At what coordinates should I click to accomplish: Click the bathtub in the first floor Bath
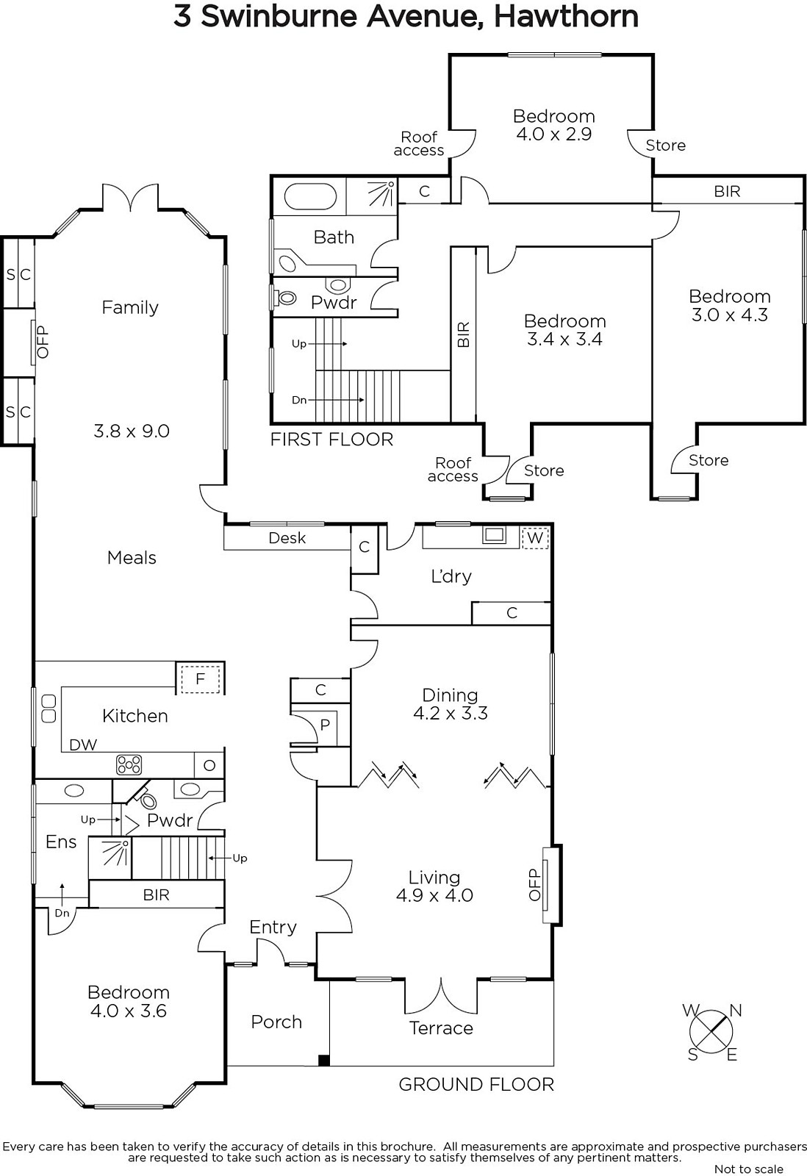[309, 197]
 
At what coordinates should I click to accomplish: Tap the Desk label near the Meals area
[287, 537]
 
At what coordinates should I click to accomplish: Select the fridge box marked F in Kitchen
[200, 679]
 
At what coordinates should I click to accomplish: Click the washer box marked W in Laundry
[534, 537]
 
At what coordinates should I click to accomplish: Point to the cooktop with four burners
[129, 764]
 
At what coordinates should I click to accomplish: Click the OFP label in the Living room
[534, 885]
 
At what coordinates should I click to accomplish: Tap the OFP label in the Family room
[43, 342]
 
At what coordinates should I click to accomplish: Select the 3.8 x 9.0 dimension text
[132, 431]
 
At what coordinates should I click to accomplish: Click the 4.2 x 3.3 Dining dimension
[451, 713]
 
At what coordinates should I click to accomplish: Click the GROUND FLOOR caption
[476, 1085]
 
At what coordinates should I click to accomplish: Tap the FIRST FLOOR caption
[331, 440]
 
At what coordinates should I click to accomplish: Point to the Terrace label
[441, 1028]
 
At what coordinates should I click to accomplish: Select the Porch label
[276, 1022]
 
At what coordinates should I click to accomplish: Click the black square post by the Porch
[324, 1060]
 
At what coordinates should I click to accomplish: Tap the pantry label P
[325, 725]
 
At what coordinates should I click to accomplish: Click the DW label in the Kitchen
[83, 745]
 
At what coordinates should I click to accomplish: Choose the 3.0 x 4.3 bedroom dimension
[730, 315]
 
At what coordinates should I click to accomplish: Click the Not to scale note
[749, 1169]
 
